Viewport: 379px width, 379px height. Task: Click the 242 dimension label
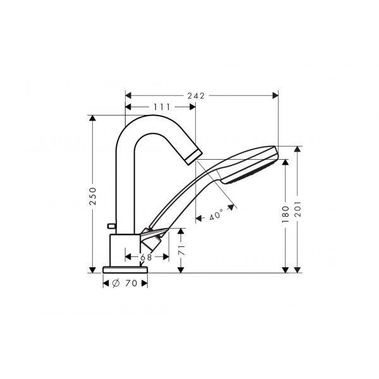[196, 96]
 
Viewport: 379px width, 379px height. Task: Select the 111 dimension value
[162, 107]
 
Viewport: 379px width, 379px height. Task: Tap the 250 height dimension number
[93, 196]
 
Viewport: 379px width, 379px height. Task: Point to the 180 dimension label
[286, 214]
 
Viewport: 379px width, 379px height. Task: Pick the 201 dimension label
[298, 209]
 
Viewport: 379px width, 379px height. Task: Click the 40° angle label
[216, 215]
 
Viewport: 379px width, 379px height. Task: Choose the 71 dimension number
[181, 250]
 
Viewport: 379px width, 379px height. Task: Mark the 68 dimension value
[147, 257]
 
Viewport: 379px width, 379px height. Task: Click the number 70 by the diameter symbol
[131, 283]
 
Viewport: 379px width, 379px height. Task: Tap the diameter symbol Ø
[116, 283]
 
